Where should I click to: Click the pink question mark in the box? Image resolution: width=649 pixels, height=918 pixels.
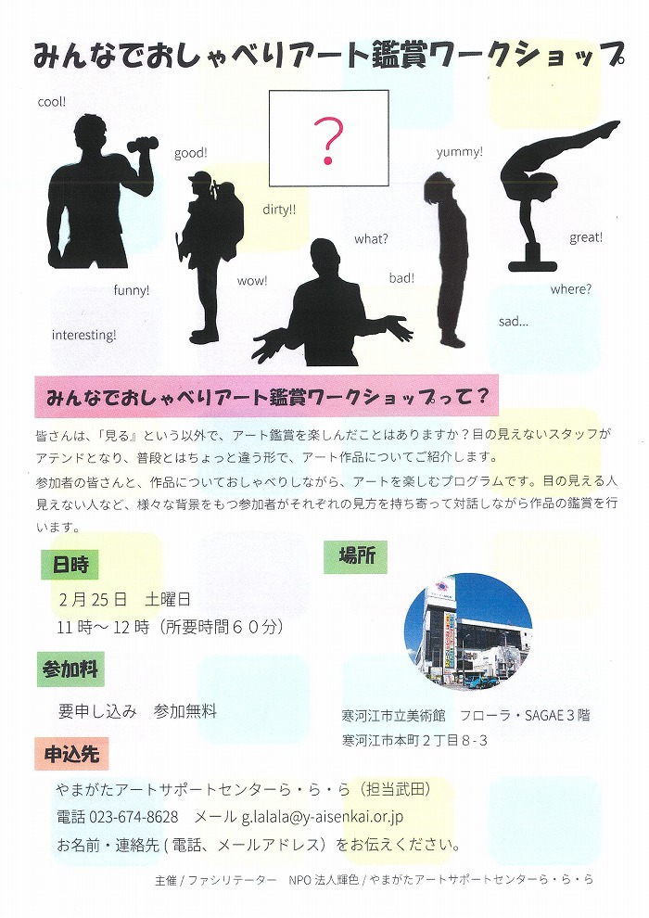328,141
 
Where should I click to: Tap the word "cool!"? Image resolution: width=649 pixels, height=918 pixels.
52,102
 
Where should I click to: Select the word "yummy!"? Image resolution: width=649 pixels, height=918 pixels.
460,152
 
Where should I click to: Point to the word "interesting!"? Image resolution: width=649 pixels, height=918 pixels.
83,335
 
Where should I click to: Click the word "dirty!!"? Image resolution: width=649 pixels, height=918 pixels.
279,210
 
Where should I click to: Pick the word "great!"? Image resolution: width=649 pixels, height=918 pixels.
586,237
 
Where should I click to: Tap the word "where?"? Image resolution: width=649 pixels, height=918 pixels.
570,289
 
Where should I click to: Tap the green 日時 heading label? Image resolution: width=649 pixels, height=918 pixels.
70,565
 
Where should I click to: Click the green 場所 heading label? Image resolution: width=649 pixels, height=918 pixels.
356,555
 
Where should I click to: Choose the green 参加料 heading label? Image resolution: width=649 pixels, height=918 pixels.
70,669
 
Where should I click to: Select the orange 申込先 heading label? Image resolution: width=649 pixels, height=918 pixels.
71,754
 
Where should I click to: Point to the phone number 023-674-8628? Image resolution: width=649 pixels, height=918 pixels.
134,816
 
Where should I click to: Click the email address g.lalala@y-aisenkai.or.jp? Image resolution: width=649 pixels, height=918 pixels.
323,817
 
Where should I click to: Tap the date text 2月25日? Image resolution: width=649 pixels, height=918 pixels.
93,599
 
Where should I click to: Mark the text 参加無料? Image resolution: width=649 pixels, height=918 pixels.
185,711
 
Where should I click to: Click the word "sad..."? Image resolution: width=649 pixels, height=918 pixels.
514,322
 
